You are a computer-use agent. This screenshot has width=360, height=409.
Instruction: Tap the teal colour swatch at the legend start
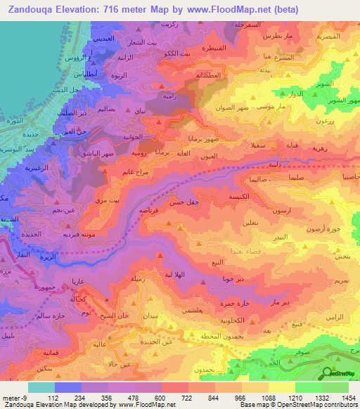coord(41,387)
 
